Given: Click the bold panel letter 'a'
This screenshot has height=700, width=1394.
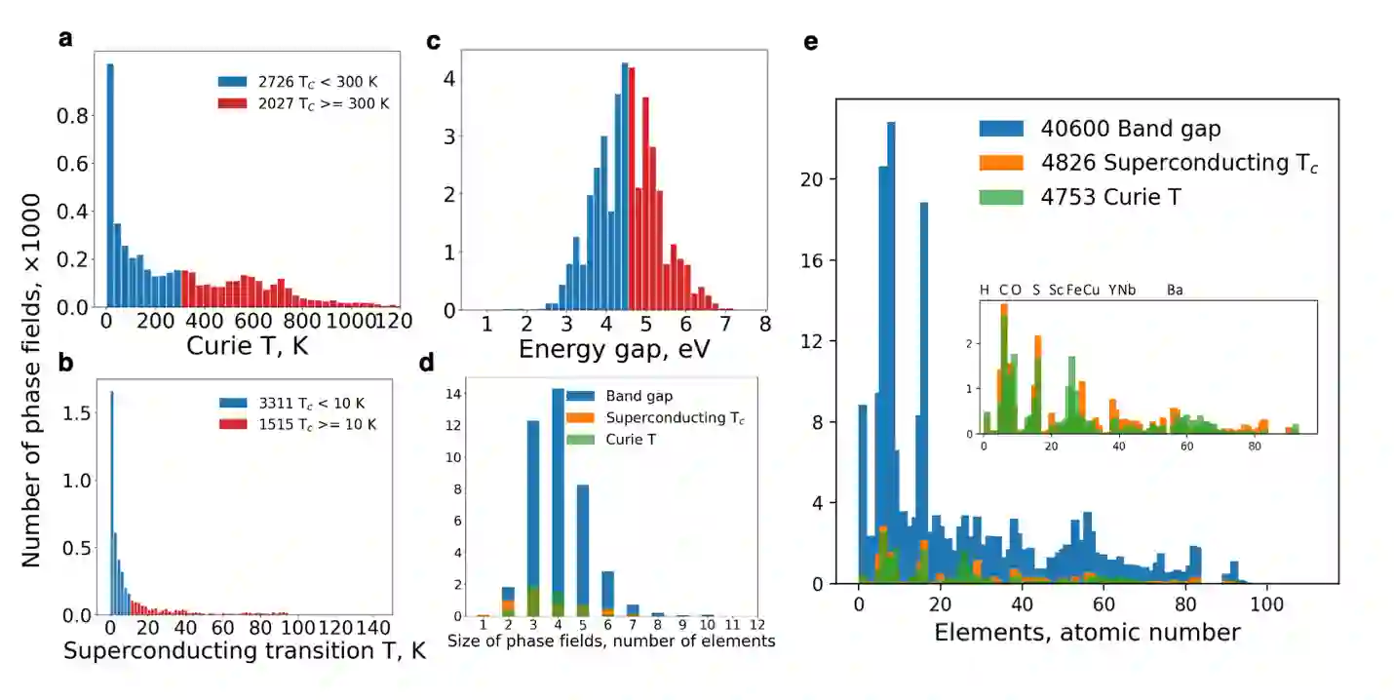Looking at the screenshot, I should point(65,39).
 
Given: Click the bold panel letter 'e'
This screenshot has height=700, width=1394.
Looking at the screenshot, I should point(810,42).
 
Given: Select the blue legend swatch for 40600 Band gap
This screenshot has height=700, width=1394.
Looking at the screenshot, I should point(1001,128).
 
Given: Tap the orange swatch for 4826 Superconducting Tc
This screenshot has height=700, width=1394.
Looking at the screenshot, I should point(1001,162).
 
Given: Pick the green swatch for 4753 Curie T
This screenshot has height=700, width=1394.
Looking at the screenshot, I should point(1001,196).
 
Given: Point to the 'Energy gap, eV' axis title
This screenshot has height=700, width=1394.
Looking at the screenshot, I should point(602,349).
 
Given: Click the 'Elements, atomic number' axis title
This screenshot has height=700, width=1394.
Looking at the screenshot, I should point(1087,632).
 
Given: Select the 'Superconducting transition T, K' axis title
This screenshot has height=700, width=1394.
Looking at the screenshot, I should point(245,651).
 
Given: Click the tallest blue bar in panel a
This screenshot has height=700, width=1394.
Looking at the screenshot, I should point(110,185).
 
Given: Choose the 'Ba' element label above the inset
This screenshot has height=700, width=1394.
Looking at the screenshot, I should point(1175,290).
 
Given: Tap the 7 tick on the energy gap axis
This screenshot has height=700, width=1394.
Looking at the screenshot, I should point(723,324).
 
